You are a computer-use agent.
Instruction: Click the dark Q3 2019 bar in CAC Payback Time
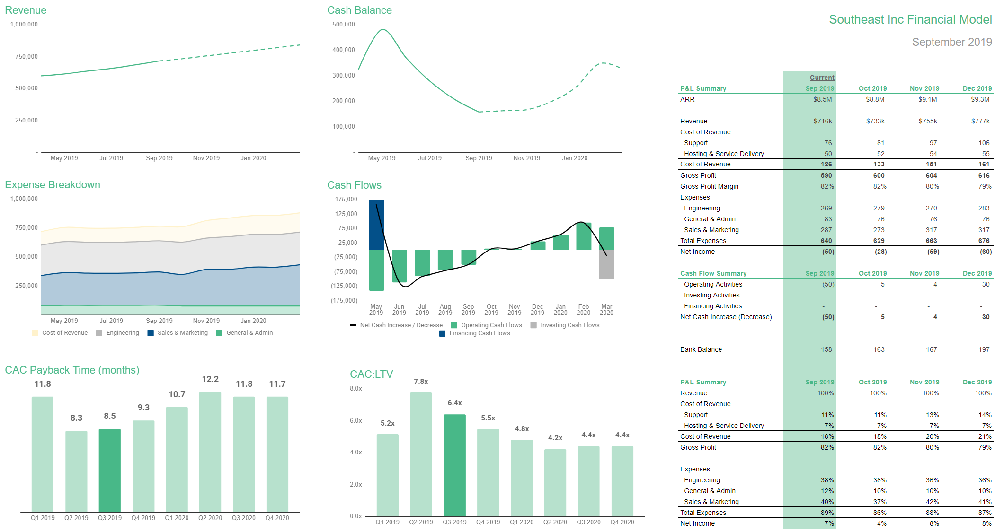pyautogui.click(x=109, y=470)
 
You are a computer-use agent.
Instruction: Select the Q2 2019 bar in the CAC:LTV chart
pyautogui.click(x=421, y=454)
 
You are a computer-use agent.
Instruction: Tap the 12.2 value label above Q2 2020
pyautogui.click(x=210, y=379)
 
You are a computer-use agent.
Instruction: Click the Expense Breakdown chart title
pyautogui.click(x=53, y=185)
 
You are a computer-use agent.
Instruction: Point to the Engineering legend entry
pyautogui.click(x=122, y=333)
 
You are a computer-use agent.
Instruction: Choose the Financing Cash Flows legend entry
pyautogui.click(x=479, y=333)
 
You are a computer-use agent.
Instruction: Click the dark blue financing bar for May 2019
pyautogui.click(x=376, y=225)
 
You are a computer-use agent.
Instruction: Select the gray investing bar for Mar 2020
pyautogui.click(x=606, y=264)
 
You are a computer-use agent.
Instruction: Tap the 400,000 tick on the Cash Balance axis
pyautogui.click(x=344, y=50)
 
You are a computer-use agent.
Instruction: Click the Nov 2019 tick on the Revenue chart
pyautogui.click(x=206, y=158)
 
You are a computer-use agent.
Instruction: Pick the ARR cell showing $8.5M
pyautogui.click(x=822, y=99)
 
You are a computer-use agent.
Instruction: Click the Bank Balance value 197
pyautogui.click(x=984, y=349)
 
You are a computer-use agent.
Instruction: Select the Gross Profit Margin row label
pyautogui.click(x=709, y=186)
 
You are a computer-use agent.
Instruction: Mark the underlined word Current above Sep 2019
pyautogui.click(x=822, y=78)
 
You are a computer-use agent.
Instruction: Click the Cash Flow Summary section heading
pyautogui.click(x=713, y=273)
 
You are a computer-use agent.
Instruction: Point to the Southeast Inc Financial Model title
pyautogui.click(x=910, y=19)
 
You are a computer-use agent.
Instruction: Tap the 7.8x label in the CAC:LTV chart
pyautogui.click(x=421, y=382)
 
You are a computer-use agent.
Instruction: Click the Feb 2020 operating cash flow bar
pyautogui.click(x=584, y=236)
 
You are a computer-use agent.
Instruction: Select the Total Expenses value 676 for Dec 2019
pyautogui.click(x=984, y=241)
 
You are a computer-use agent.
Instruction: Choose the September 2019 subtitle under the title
pyautogui.click(x=951, y=42)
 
